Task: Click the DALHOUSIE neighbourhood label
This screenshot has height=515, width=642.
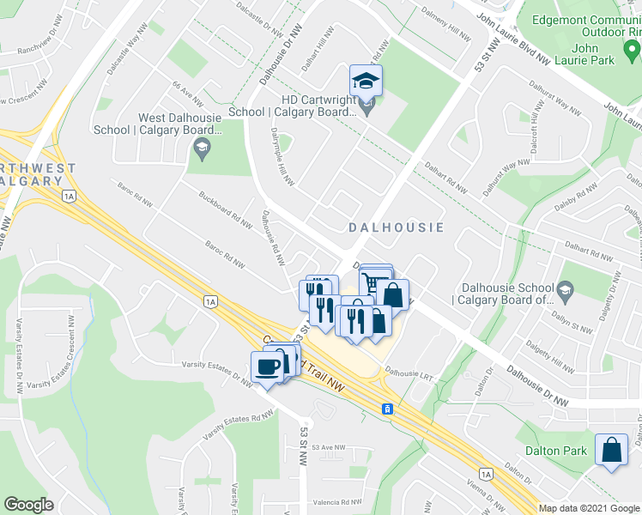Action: click(396, 227)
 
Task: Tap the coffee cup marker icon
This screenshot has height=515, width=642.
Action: click(268, 368)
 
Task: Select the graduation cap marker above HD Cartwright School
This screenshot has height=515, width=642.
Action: click(366, 82)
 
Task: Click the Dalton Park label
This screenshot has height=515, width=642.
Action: click(556, 451)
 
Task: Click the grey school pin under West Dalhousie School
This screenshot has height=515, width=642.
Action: click(200, 149)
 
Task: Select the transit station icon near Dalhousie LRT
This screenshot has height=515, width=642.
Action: click(388, 408)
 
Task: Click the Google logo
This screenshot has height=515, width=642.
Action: click(28, 505)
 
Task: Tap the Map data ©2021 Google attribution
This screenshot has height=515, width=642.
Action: click(589, 508)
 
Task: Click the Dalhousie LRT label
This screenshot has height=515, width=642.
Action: click(404, 373)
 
